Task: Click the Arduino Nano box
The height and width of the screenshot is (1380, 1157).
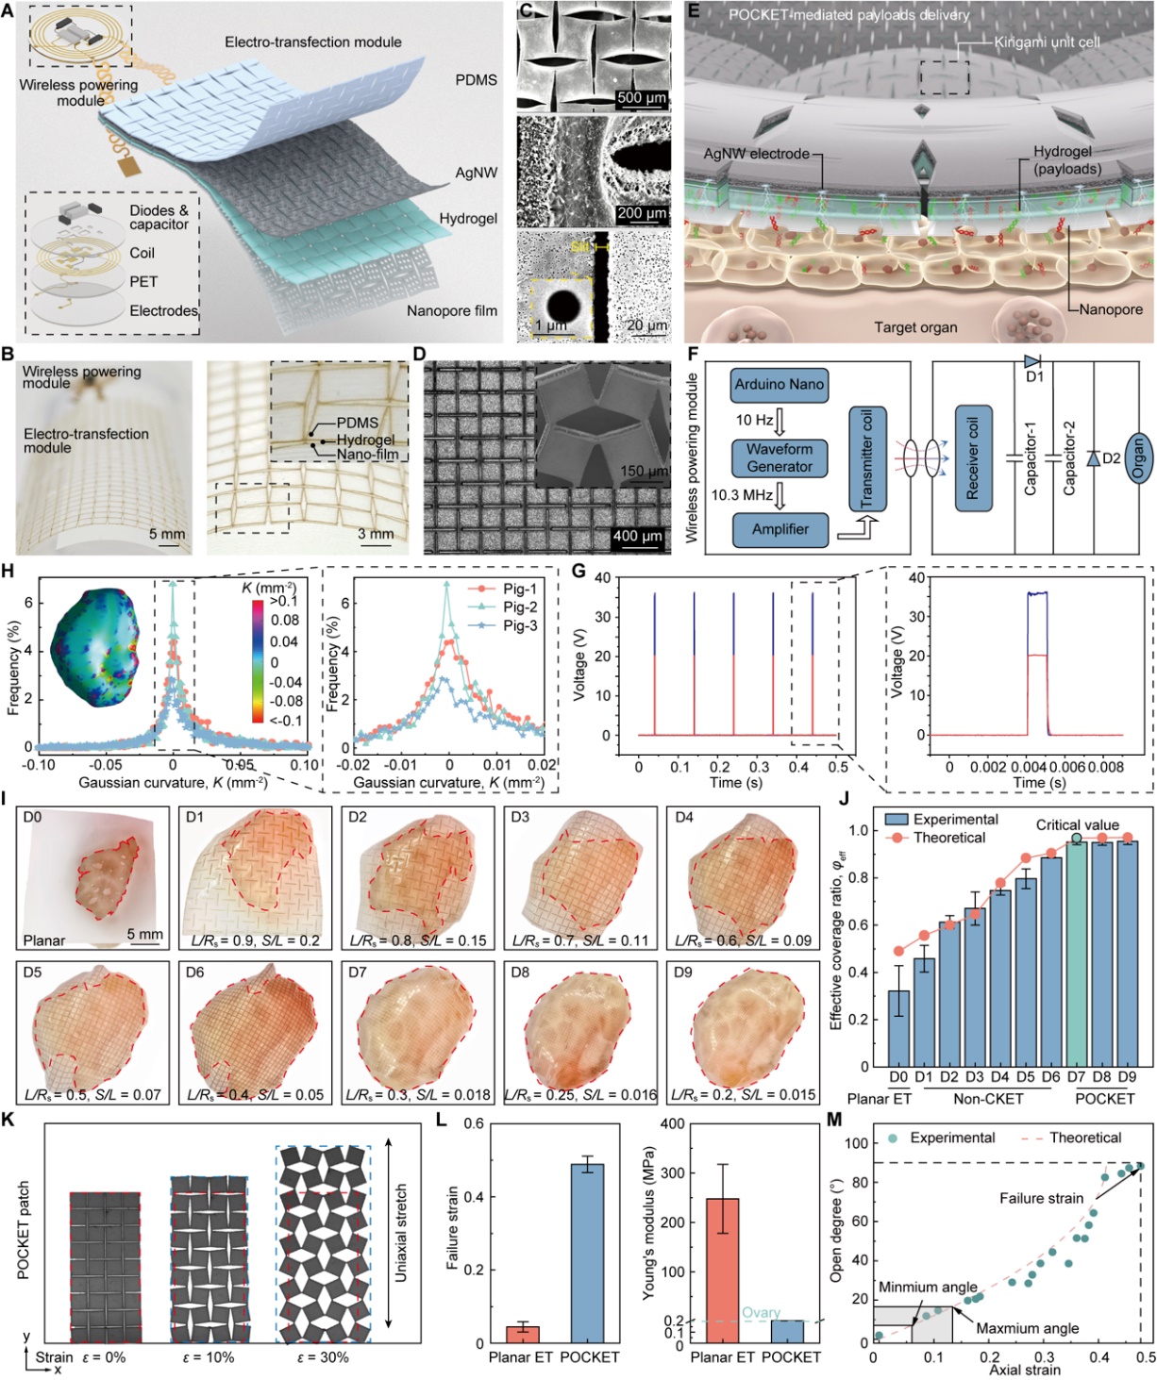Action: pyautogui.click(x=780, y=385)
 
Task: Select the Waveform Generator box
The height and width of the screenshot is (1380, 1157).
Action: pyautogui.click(x=780, y=457)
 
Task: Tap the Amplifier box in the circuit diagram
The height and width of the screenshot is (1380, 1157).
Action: pyautogui.click(x=780, y=529)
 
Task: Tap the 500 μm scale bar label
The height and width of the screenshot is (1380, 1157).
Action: pyautogui.click(x=642, y=98)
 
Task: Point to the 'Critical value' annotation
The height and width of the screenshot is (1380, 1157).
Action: pyautogui.click(x=1077, y=825)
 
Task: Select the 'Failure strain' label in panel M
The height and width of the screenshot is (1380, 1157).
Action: pyautogui.click(x=1041, y=1199)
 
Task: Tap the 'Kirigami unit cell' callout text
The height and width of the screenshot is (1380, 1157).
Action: pyautogui.click(x=1047, y=42)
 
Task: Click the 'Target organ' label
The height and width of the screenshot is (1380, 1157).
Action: pyautogui.click(x=914, y=327)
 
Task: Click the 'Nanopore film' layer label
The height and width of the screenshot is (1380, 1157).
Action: pyautogui.click(x=451, y=310)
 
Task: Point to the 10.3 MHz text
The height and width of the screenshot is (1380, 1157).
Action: pyautogui.click(x=743, y=494)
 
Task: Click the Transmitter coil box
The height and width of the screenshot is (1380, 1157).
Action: pyautogui.click(x=866, y=458)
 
